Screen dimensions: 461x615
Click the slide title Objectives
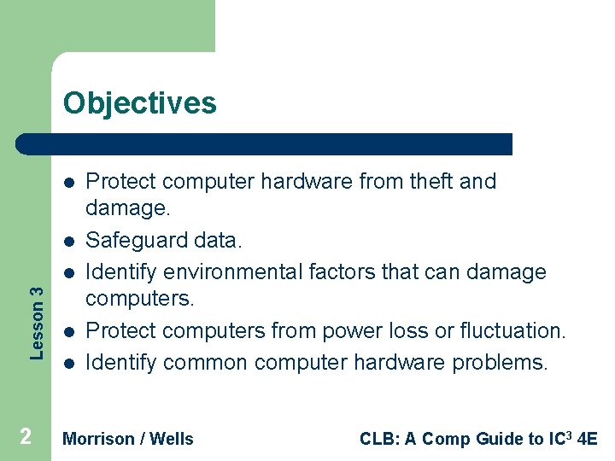140,103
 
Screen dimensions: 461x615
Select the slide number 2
26,437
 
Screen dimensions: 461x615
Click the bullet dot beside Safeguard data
67,242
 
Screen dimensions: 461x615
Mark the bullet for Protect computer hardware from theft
67,182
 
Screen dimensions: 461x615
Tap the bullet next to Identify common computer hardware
67,363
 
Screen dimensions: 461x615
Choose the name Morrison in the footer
99,439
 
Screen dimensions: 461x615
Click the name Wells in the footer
172,439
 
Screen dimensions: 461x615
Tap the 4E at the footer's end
587,439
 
